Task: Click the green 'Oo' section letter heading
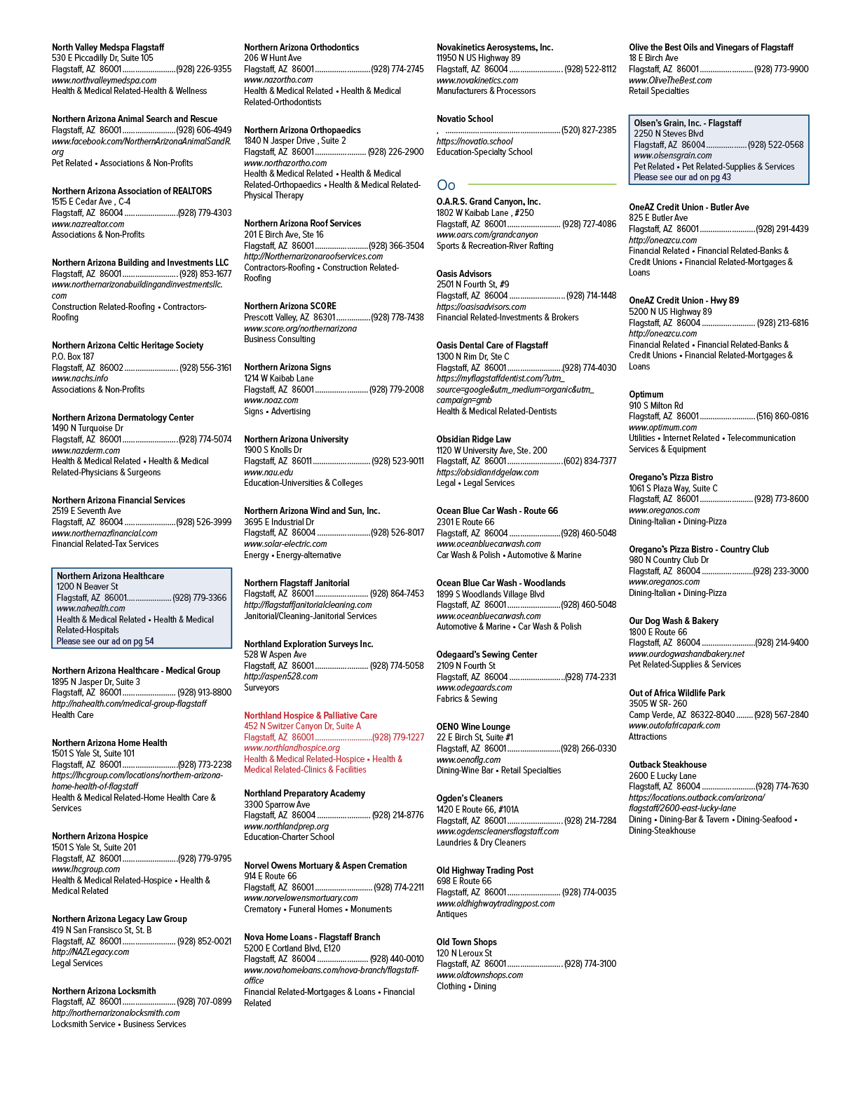[446, 185]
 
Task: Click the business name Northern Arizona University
[296, 439]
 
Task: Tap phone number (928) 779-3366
[200, 598]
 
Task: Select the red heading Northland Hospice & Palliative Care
[311, 715]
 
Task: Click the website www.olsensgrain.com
[673, 156]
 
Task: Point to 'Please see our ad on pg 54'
[105, 642]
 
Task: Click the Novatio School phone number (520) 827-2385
[589, 130]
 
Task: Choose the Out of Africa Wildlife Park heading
[676, 693]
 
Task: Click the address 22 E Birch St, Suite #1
[475, 737]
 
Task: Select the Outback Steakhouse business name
[667, 764]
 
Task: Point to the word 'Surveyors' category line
[261, 687]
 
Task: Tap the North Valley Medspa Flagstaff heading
[108, 47]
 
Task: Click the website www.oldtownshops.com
[479, 975]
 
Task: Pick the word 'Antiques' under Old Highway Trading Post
[452, 914]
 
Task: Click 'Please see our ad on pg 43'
[682, 177]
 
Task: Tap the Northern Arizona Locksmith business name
[104, 991]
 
